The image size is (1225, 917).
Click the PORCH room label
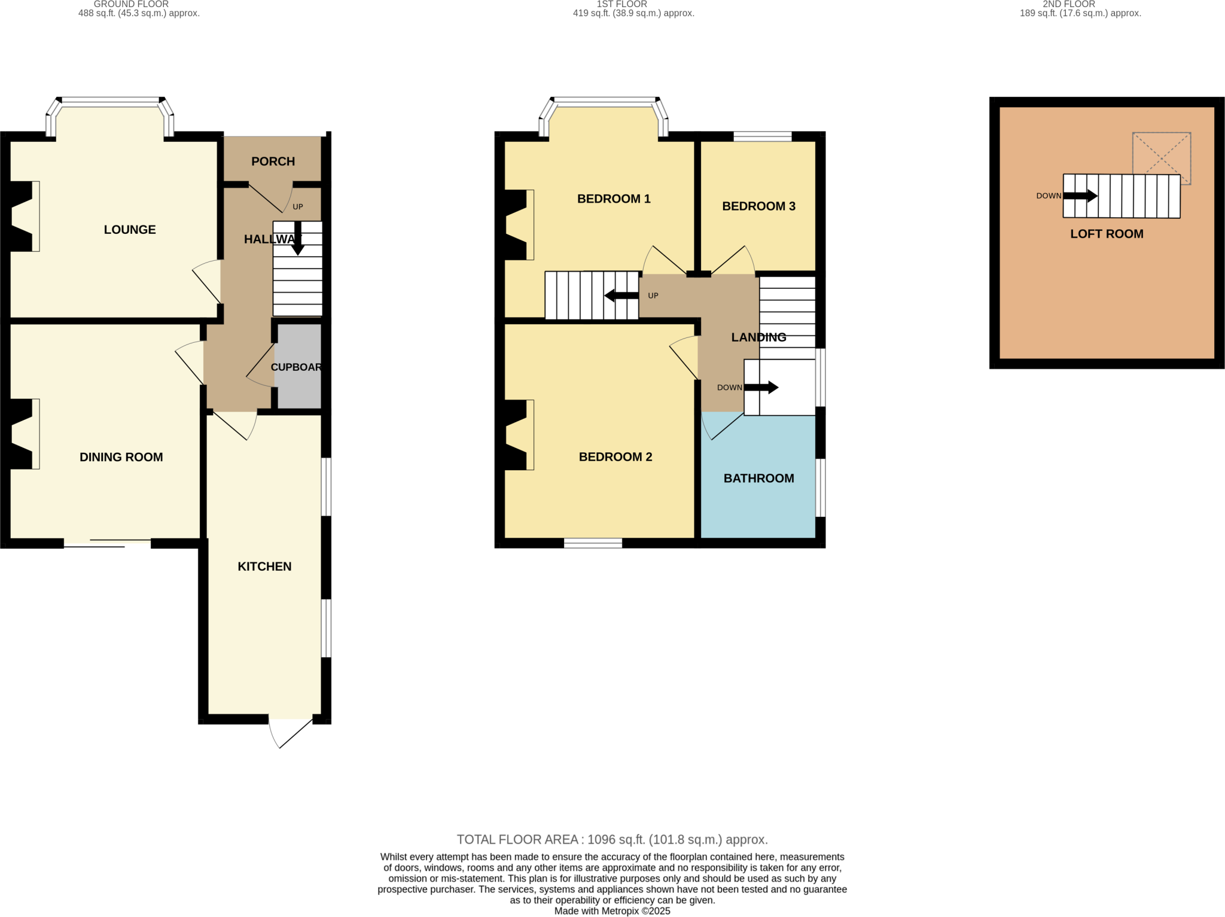click(273, 162)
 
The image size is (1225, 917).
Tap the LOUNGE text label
click(130, 230)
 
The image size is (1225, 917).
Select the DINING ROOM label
click(121, 457)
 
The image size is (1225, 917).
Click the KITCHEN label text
click(264, 566)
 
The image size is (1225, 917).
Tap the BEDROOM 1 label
click(614, 199)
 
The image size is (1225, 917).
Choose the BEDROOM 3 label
click(758, 206)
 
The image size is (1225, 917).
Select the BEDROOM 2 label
click(615, 457)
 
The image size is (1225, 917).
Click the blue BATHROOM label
click(758, 479)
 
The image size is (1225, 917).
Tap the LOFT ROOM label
click(1107, 234)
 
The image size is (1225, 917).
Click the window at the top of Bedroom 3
click(763, 137)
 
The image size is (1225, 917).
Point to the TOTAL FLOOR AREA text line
click(612, 839)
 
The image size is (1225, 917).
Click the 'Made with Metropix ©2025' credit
click(612, 911)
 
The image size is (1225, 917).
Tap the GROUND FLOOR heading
click(131, 4)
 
